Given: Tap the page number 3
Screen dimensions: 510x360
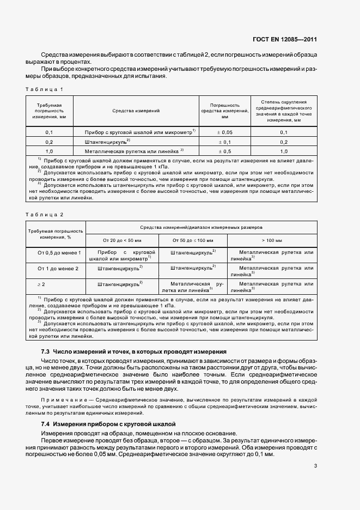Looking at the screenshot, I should pyautogui.click(x=315, y=466).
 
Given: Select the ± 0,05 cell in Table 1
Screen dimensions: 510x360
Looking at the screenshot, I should pyautogui.click(x=224, y=132).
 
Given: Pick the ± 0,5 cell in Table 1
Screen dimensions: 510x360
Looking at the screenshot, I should pyautogui.click(x=224, y=151).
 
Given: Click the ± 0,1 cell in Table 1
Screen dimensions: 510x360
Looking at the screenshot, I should pyautogui.click(x=224, y=142).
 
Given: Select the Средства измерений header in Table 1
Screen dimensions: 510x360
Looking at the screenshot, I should pyautogui.click(x=136, y=111).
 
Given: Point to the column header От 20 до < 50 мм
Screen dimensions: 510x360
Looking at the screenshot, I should pyautogui.click(x=122, y=240).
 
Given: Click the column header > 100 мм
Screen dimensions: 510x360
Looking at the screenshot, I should pyautogui.click(x=271, y=240).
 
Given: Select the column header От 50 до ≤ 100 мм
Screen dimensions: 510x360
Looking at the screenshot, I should pyautogui.click(x=193, y=240).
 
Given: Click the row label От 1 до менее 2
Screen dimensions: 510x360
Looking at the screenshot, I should pyautogui.click(x=58, y=269).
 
